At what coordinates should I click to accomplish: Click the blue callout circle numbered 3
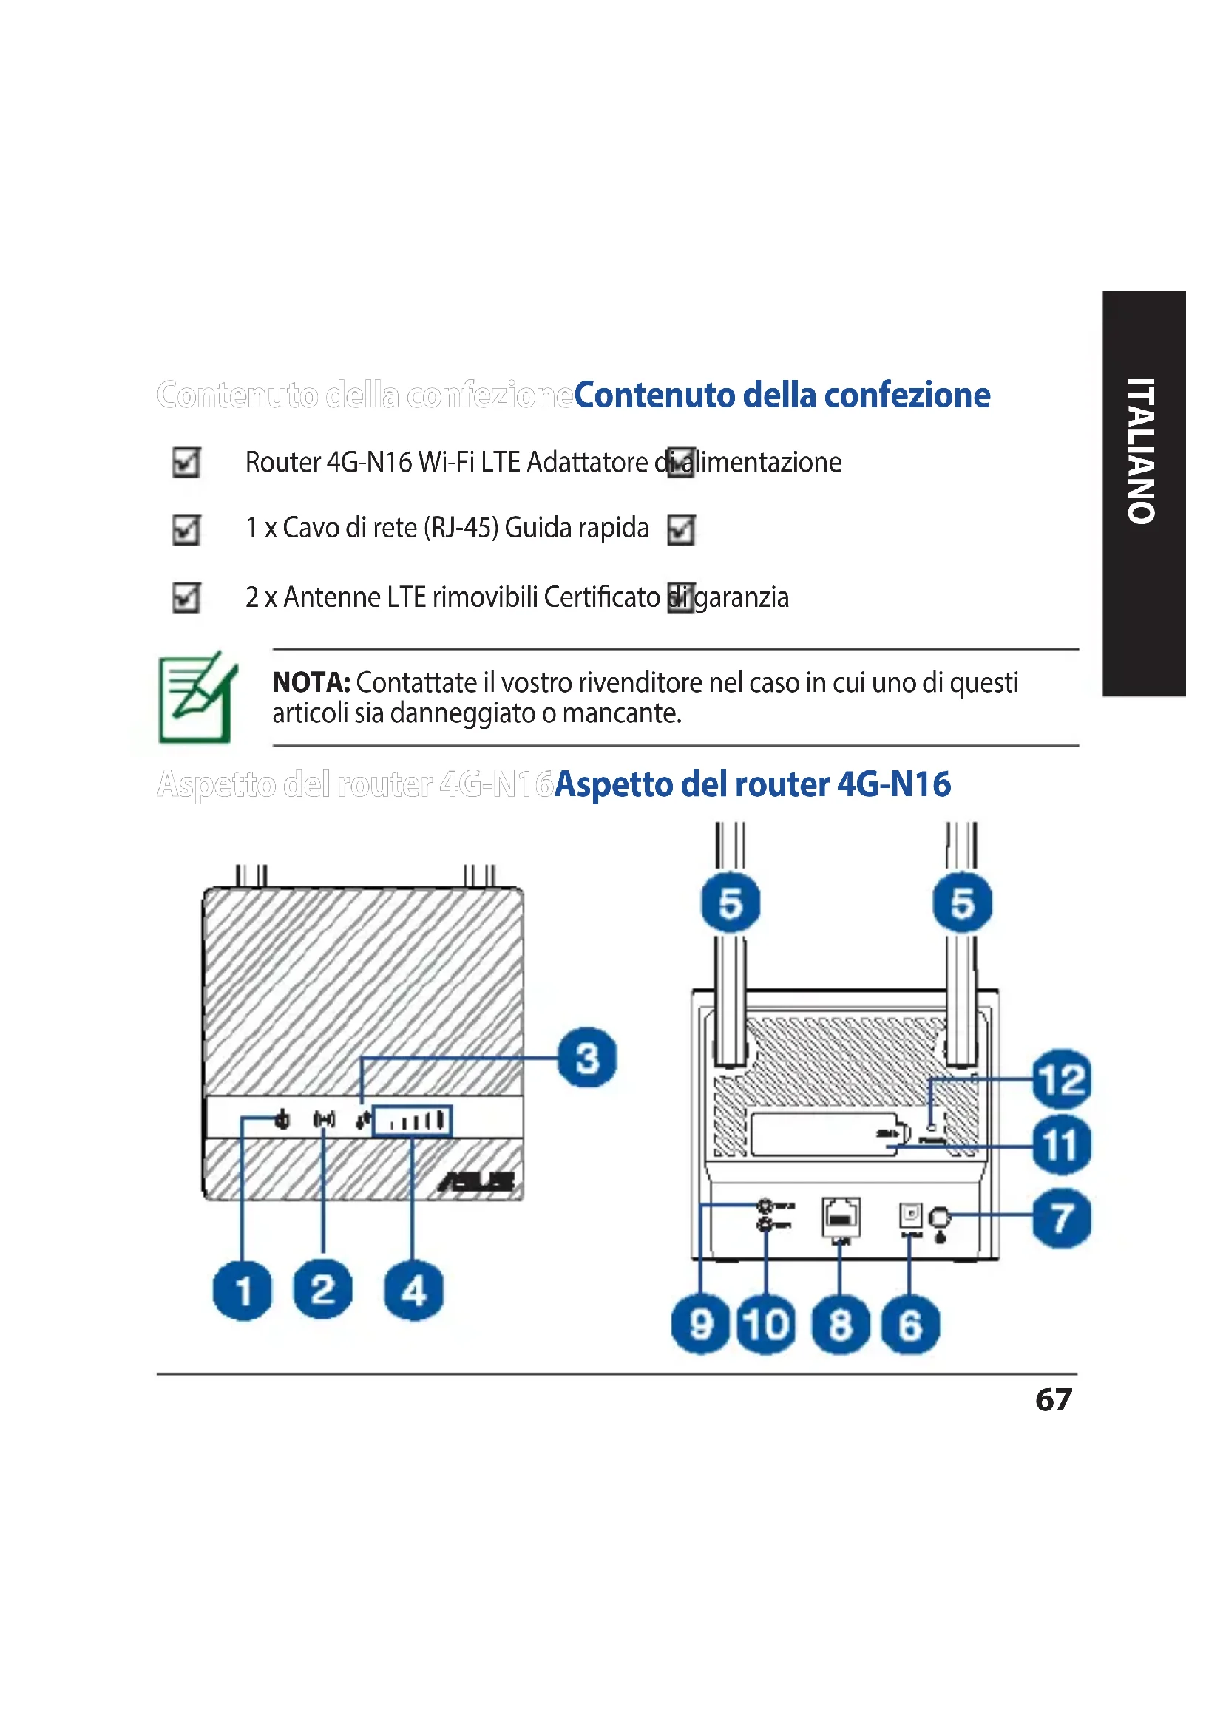click(x=586, y=1057)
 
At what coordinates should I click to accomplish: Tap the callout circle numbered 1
click(x=243, y=1291)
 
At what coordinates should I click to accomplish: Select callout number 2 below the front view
click(x=323, y=1289)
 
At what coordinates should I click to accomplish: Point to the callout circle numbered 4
click(x=413, y=1291)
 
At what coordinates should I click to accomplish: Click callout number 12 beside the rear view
click(x=1061, y=1079)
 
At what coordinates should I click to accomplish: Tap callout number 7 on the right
click(x=1061, y=1217)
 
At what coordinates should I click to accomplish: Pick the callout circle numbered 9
click(x=700, y=1325)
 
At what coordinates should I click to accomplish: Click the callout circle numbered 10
click(x=766, y=1325)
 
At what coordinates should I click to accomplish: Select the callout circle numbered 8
click(x=841, y=1325)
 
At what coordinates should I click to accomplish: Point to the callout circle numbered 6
click(x=909, y=1325)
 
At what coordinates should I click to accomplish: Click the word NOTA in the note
click(x=311, y=682)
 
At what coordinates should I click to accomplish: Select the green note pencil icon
click(x=197, y=696)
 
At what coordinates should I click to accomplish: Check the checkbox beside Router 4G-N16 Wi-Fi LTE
click(x=186, y=462)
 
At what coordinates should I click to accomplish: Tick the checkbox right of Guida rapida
click(x=681, y=529)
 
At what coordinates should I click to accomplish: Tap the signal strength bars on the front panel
click(x=413, y=1121)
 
